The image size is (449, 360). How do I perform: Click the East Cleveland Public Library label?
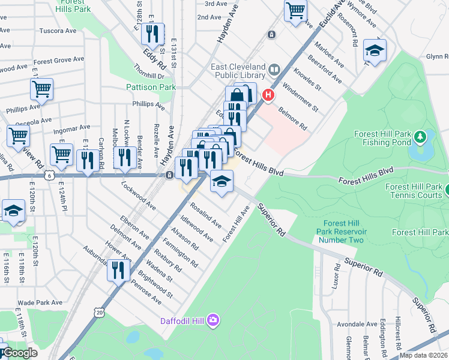tap(238, 71)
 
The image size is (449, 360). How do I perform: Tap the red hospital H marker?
tap(269, 94)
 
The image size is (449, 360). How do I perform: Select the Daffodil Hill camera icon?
tap(213, 320)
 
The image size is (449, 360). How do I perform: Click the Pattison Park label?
tap(151, 87)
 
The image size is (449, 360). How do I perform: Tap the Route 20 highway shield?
tap(99, 312)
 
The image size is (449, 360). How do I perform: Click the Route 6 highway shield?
tap(52, 175)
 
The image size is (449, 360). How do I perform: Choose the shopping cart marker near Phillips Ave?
tap(41, 89)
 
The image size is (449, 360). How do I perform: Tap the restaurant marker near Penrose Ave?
tap(118, 269)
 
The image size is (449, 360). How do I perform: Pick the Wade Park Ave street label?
tap(40, 303)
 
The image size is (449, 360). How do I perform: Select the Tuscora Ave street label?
tap(58, 31)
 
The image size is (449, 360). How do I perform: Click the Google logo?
tap(19, 353)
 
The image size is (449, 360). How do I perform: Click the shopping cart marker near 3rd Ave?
tap(296, 9)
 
